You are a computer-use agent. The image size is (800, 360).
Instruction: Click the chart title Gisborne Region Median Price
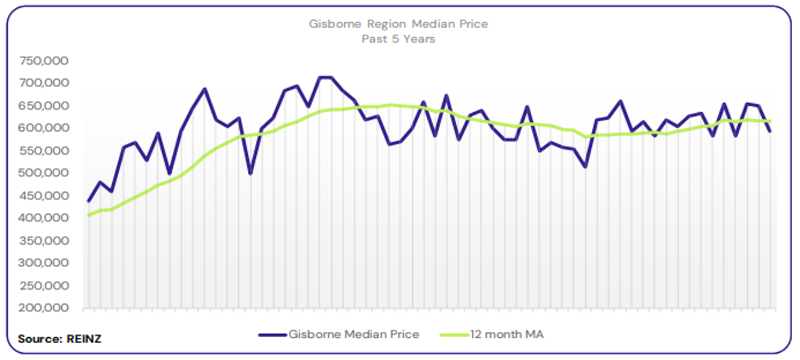[398, 25]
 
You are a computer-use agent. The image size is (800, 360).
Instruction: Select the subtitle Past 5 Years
[398, 39]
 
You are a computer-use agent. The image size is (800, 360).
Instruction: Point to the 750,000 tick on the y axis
[44, 61]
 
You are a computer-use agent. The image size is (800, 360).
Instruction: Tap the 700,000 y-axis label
[44, 83]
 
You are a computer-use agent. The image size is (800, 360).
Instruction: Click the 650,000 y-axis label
[44, 106]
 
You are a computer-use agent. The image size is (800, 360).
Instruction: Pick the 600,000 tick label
[44, 128]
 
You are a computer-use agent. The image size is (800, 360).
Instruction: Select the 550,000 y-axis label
[44, 151]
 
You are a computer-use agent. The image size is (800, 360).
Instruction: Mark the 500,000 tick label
[44, 173]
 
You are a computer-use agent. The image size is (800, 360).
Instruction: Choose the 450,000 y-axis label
[44, 196]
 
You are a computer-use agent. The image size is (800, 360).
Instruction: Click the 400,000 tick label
[44, 218]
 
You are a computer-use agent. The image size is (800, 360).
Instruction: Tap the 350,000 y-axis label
[44, 241]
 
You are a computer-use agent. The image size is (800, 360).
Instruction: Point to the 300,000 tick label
[44, 263]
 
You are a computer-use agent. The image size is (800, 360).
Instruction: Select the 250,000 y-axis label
[44, 286]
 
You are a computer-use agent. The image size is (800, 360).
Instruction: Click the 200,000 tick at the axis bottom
[44, 308]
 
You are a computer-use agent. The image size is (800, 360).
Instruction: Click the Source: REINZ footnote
[59, 339]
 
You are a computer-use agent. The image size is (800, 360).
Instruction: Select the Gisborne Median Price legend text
[353, 334]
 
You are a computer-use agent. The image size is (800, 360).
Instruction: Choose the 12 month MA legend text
[507, 334]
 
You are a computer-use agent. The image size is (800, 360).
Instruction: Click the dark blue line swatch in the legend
[272, 335]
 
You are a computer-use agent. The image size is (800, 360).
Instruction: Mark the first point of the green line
[88, 215]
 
